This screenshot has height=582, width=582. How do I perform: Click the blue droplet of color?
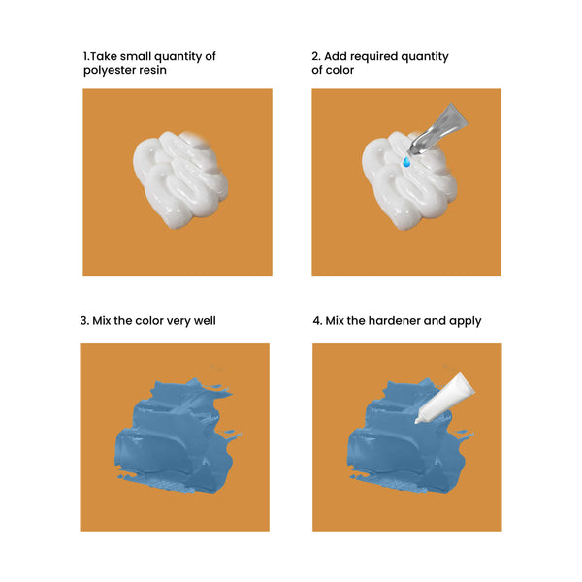406,161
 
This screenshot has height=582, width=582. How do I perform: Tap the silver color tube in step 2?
438,129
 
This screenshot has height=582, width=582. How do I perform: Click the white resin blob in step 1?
180,179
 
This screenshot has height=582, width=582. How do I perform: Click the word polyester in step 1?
110,70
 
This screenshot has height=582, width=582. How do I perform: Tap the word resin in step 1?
152,70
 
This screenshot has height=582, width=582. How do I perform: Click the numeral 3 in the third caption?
83,321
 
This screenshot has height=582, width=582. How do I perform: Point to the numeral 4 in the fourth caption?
316,321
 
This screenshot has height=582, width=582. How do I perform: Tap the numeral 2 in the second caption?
315,56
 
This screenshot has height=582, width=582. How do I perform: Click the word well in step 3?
205,320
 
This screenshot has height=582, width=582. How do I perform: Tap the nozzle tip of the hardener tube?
416,422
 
